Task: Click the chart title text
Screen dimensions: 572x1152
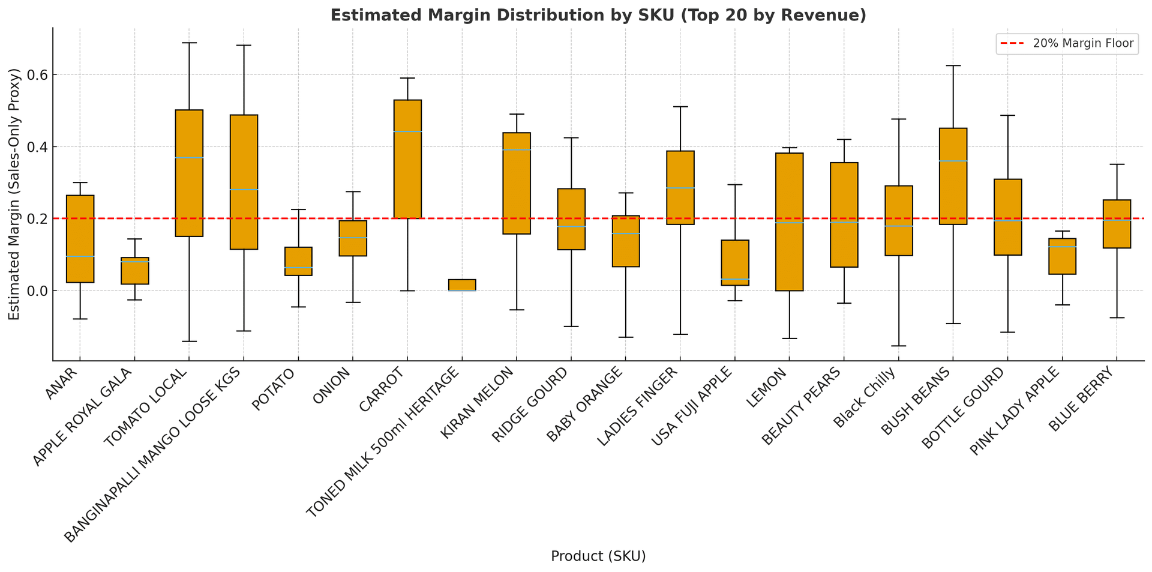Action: pos(598,15)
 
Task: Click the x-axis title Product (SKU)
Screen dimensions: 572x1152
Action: pos(598,556)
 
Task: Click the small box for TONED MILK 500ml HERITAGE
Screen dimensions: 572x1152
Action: pos(462,285)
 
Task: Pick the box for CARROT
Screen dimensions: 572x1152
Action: pos(407,159)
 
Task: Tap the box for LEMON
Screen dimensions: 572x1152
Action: pos(789,222)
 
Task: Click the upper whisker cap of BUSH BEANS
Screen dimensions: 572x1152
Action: pos(953,65)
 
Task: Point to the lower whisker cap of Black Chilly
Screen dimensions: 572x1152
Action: pos(898,346)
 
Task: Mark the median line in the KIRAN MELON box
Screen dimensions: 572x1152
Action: pos(517,150)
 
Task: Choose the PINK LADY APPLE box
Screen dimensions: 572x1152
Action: pos(1062,256)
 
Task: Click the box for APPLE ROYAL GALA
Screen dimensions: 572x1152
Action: pos(134,271)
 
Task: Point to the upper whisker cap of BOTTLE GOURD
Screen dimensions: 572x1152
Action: pos(1007,115)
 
